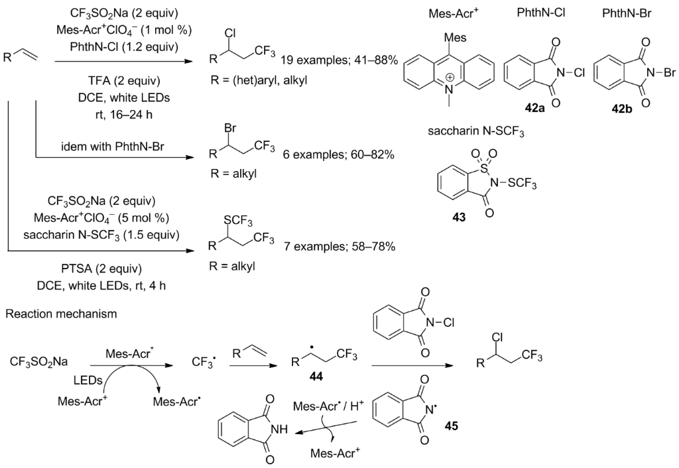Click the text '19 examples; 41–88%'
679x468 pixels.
[339, 60]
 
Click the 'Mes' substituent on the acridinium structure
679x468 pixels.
[442, 30]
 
